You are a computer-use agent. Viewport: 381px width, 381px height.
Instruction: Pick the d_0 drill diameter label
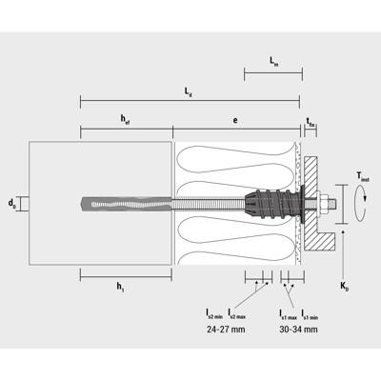(11, 203)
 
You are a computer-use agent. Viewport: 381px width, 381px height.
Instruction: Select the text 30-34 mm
(298, 329)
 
